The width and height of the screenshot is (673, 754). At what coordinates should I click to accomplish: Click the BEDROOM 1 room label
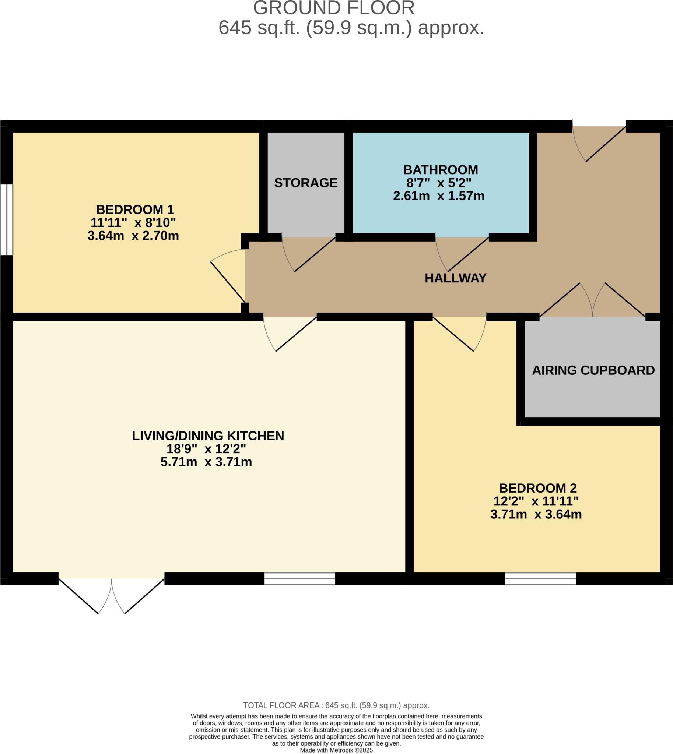click(x=134, y=209)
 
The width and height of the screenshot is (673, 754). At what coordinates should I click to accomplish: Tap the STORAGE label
click(x=306, y=183)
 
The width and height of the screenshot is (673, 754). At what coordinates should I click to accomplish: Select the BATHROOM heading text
click(x=441, y=170)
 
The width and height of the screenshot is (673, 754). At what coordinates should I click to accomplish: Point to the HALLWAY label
click(x=455, y=278)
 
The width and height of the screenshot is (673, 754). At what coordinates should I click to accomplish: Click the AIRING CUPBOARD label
click(x=593, y=370)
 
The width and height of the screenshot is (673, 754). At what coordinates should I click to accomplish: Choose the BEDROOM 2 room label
click(x=537, y=488)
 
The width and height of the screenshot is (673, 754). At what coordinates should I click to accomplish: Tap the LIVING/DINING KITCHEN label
click(x=208, y=436)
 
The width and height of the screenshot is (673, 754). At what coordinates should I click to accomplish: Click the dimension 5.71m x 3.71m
click(x=206, y=462)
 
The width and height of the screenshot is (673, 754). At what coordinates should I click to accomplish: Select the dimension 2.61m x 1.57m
click(x=439, y=196)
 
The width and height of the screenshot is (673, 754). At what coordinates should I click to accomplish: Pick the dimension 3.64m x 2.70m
click(x=133, y=235)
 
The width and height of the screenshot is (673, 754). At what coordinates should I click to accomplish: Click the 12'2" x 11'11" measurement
click(x=536, y=501)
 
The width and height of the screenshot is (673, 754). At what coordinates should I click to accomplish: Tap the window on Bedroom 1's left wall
click(x=6, y=219)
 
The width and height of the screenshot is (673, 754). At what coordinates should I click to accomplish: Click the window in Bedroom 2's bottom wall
click(x=540, y=578)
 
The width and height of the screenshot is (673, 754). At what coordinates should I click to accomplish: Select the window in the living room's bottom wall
click(x=299, y=578)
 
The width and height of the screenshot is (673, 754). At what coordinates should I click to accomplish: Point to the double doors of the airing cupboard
click(x=592, y=302)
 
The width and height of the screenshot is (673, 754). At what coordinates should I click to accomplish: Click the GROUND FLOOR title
click(x=333, y=8)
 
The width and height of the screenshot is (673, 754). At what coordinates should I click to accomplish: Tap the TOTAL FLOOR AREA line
click(x=336, y=705)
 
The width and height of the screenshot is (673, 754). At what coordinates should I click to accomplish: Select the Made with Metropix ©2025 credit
click(x=336, y=750)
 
